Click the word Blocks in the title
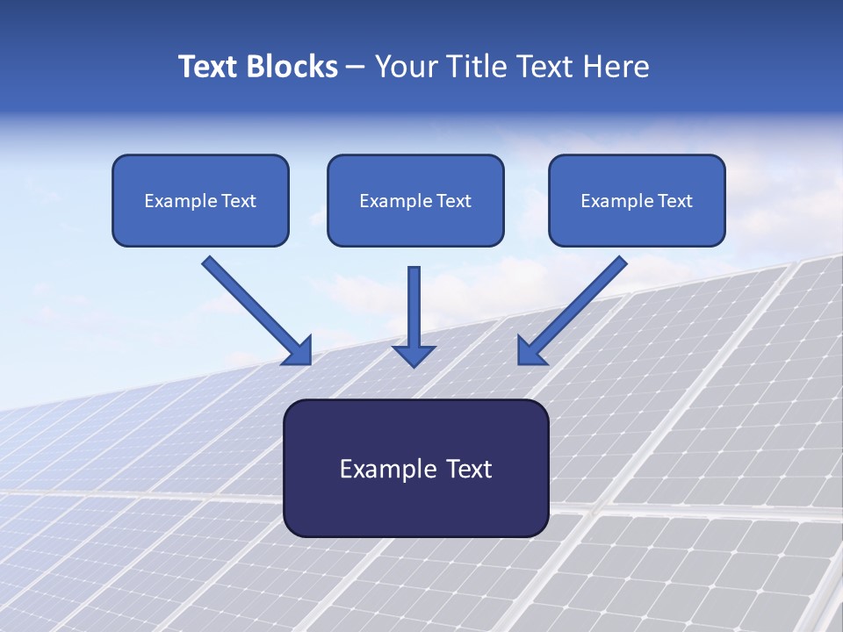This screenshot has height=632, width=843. click(291, 67)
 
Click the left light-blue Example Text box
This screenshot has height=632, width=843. click(200, 200)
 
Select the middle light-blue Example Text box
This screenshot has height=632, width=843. click(415, 200)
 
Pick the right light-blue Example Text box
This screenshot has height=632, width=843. click(637, 200)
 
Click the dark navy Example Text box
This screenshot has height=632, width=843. click(415, 468)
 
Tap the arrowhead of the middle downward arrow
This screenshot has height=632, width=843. click(414, 355)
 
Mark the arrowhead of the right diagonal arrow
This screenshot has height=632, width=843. click(530, 351)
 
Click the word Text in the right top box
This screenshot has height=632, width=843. click(674, 201)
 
